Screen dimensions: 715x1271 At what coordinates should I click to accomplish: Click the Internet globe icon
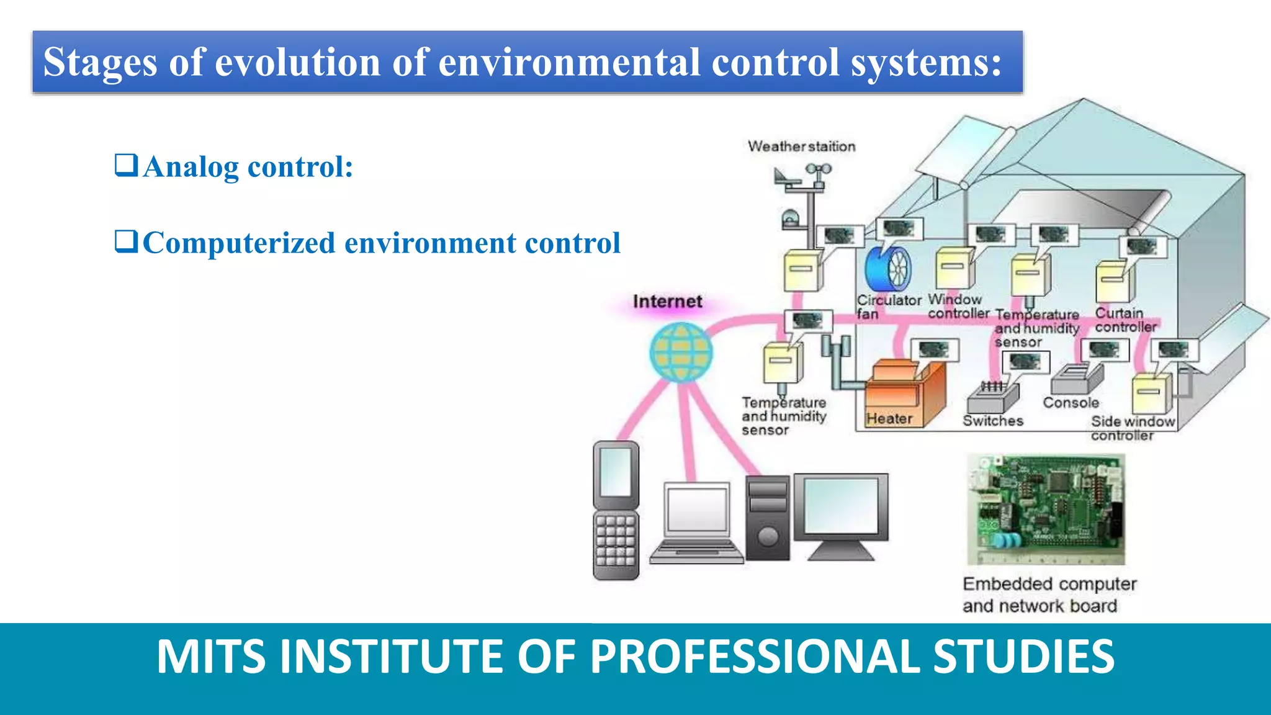681,352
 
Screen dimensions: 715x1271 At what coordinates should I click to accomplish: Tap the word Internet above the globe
667,302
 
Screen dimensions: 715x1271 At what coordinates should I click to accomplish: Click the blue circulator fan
888,269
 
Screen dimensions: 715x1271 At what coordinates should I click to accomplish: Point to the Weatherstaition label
801,146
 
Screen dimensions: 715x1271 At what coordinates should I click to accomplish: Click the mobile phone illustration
616,510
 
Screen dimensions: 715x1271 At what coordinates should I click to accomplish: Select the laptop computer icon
697,523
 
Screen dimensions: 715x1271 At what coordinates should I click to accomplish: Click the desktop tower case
768,518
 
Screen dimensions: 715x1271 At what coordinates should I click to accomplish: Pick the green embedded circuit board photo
1046,509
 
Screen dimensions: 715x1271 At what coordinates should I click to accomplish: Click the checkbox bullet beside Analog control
126,166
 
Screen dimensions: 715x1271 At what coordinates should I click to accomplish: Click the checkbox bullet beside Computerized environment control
126,241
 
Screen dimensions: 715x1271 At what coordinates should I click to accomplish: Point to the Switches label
992,421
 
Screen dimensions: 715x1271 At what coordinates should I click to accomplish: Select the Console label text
1071,403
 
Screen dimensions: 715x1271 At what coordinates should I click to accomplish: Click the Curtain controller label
1125,320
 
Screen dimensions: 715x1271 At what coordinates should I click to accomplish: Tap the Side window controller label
1132,428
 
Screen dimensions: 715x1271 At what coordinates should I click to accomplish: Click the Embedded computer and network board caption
1049,595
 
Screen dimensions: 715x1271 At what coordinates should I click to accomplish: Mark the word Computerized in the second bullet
239,243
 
